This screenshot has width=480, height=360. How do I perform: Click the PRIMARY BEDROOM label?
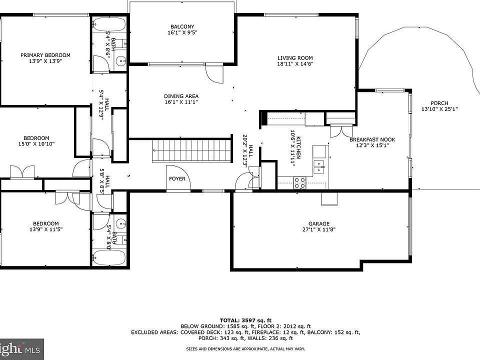tap(45, 55)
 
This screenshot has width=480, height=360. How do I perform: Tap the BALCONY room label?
tap(182, 26)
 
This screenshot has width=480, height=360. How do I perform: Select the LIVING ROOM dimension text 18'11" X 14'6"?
tap(295, 64)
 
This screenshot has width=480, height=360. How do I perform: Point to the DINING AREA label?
tap(181, 96)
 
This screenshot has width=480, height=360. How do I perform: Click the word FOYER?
tap(177, 178)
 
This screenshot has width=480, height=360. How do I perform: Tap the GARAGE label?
tap(319, 224)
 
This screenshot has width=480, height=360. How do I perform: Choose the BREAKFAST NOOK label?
tap(372, 139)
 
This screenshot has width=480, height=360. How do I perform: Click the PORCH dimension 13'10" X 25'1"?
tap(439, 109)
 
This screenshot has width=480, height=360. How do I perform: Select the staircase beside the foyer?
tap(191, 150)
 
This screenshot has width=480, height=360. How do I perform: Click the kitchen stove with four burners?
tap(299, 183)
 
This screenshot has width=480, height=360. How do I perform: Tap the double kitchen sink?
tap(319, 167)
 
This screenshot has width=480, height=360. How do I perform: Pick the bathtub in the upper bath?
tap(109, 24)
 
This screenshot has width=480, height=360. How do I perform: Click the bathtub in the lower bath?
tap(109, 257)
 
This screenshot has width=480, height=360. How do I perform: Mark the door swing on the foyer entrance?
tap(179, 177)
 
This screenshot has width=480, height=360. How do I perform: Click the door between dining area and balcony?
tap(215, 73)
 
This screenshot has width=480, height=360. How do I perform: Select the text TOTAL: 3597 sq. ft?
tap(245, 320)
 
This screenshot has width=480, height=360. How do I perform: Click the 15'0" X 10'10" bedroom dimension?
tap(36, 144)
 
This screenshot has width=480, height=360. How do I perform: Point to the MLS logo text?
tap(34, 349)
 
